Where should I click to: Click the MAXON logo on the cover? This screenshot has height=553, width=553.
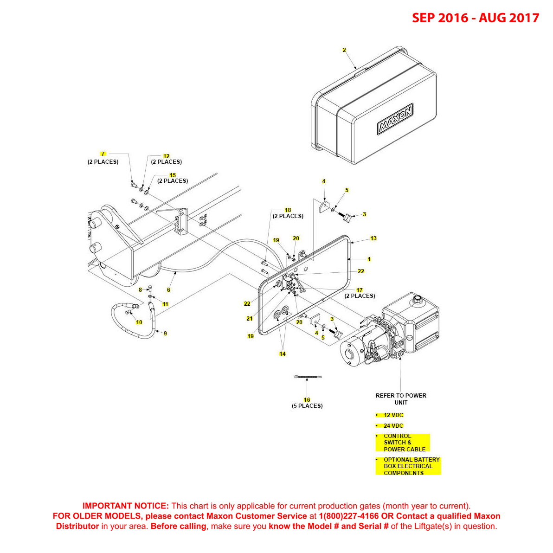[x=395, y=119]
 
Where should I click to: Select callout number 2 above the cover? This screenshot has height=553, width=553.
[x=344, y=50]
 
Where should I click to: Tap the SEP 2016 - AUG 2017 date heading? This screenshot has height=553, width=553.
[x=476, y=18]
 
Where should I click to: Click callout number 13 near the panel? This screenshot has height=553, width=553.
[x=373, y=238]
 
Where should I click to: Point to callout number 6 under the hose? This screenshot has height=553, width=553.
[x=168, y=290]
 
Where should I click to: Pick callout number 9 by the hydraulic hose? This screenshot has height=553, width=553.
[x=165, y=334]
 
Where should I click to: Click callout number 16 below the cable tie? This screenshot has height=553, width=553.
[x=307, y=400]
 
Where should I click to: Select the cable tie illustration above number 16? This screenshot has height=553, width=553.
[x=307, y=378]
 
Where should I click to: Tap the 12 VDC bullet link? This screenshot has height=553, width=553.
[x=393, y=415]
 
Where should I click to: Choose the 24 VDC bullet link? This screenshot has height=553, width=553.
[x=393, y=426]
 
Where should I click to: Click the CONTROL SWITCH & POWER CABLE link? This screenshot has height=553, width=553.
[x=403, y=443]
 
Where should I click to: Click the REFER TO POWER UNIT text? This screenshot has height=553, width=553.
[x=401, y=399]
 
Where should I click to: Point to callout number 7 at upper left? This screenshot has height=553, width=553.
[x=103, y=154]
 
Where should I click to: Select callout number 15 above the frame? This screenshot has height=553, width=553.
[x=173, y=175]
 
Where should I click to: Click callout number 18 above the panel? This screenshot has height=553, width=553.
[x=288, y=210]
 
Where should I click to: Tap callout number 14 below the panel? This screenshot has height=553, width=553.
[x=282, y=354]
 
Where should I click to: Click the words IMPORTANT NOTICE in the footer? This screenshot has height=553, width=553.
[x=125, y=506]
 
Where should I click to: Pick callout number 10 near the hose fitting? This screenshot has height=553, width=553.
[x=139, y=322]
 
